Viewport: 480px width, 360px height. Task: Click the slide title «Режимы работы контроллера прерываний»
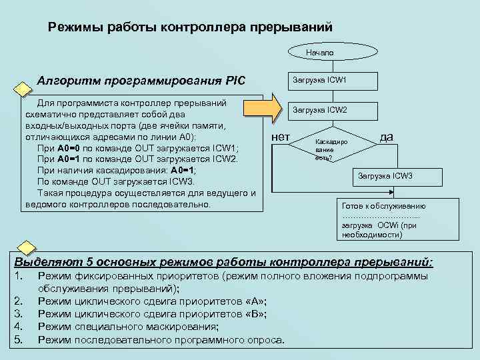pyautogui.click(x=190, y=27)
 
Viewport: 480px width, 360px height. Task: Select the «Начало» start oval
pyautogui.click(x=319, y=52)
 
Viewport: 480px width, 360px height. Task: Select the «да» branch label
pyautogui.click(x=386, y=137)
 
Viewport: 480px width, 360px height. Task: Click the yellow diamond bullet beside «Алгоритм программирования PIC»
pyautogui.click(x=23, y=89)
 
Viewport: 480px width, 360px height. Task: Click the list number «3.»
pyautogui.click(x=19, y=314)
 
